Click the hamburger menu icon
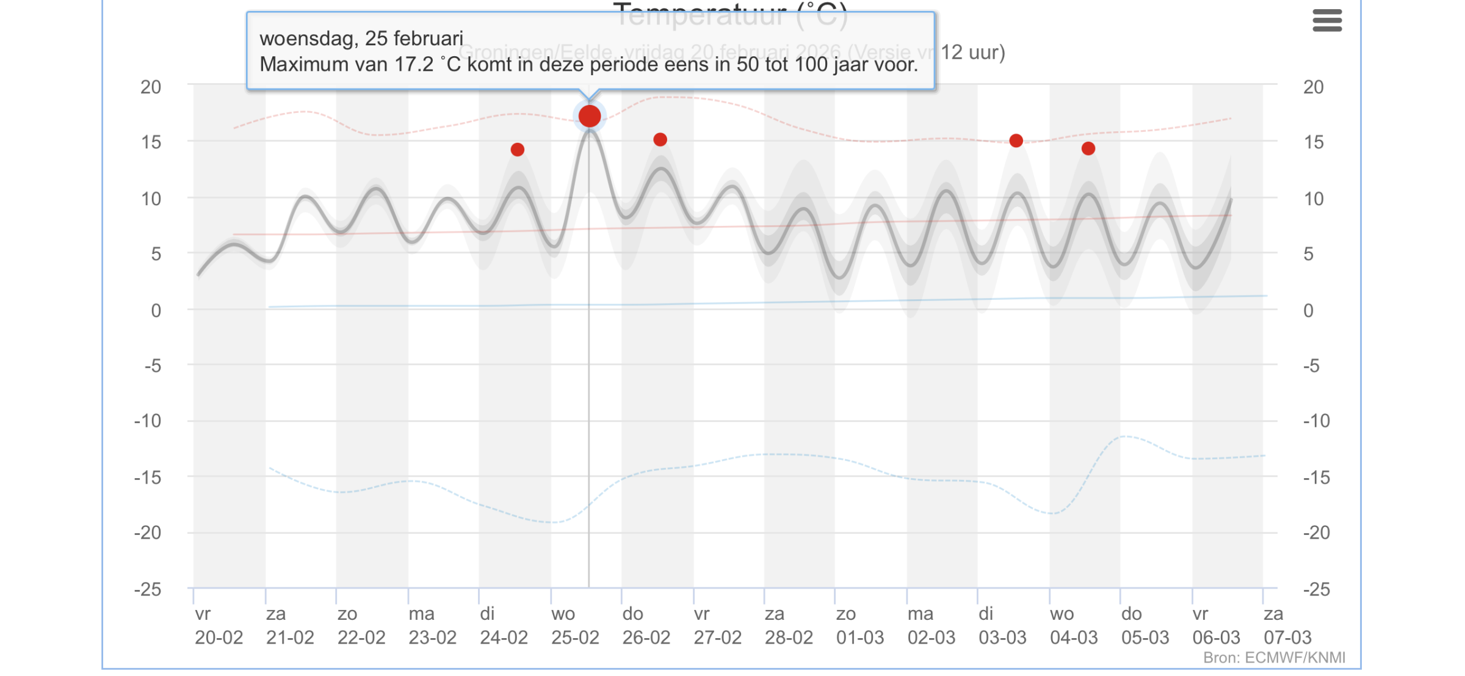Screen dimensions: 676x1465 [x=1327, y=20]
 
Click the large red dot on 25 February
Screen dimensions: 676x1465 [x=589, y=115]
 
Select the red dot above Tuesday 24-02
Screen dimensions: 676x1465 [x=518, y=150]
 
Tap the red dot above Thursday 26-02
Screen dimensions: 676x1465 [x=660, y=140]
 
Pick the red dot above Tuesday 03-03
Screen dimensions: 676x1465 [x=1016, y=141]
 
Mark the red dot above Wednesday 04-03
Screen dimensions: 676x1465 [x=1088, y=148]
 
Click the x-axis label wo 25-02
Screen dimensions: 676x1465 [x=574, y=626]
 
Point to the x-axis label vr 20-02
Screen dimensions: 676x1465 [x=219, y=626]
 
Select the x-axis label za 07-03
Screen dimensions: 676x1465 [x=1287, y=626]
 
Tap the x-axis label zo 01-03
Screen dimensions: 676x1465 [x=859, y=626]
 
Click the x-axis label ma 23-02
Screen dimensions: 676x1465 [x=432, y=626]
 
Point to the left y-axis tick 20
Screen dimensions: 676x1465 [x=151, y=87]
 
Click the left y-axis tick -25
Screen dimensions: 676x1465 [x=148, y=589]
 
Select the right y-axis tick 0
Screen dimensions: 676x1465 [x=1308, y=311]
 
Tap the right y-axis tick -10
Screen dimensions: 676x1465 [x=1316, y=421]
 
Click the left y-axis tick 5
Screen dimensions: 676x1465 [x=156, y=254]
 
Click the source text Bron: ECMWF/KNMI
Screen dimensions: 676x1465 [x=1274, y=658]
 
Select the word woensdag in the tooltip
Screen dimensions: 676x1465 [x=308, y=38]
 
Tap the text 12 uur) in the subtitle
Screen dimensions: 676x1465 [x=972, y=53]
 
